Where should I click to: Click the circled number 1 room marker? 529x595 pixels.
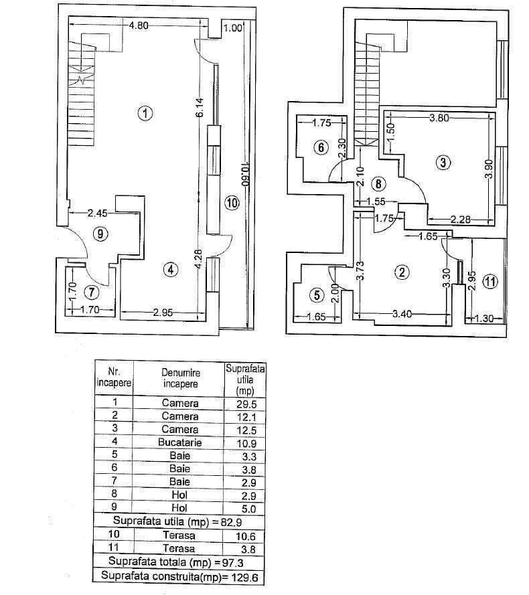144,113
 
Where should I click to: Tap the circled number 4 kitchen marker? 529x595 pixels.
171,270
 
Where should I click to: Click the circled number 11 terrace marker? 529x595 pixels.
491,282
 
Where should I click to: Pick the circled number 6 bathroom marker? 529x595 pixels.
321,147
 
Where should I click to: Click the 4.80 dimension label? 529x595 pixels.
138,26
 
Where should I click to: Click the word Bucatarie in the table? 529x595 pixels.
180,442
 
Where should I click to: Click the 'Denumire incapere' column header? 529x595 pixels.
180,378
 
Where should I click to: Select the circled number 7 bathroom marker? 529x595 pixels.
92,292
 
